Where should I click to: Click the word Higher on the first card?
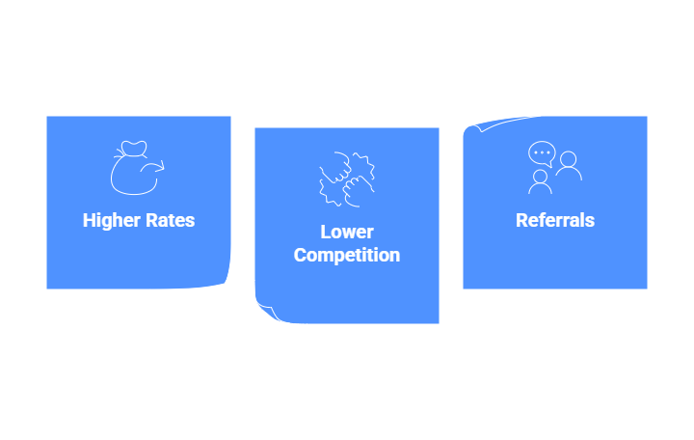111,220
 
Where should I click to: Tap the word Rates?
170,220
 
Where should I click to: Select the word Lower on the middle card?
347,233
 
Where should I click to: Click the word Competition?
347,256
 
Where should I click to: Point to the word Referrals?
555,220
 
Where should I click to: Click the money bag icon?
137,168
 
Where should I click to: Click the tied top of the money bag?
132,150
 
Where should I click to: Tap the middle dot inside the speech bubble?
542,151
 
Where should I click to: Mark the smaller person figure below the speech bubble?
540,181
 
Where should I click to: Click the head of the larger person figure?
568,157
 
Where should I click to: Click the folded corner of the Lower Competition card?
264,311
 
